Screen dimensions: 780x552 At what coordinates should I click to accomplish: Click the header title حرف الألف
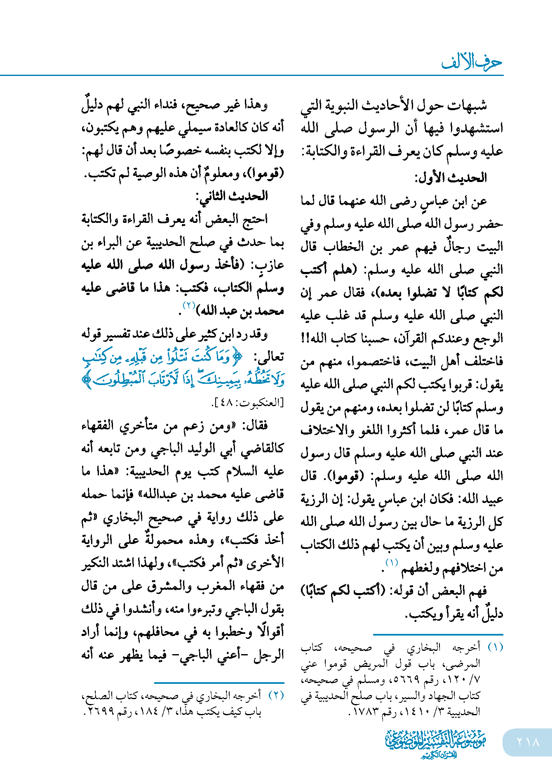472,62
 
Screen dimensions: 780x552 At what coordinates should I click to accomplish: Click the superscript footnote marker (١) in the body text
391,563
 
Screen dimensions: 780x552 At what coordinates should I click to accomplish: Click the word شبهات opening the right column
469,105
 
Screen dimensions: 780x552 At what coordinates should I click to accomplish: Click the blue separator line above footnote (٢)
219,683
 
